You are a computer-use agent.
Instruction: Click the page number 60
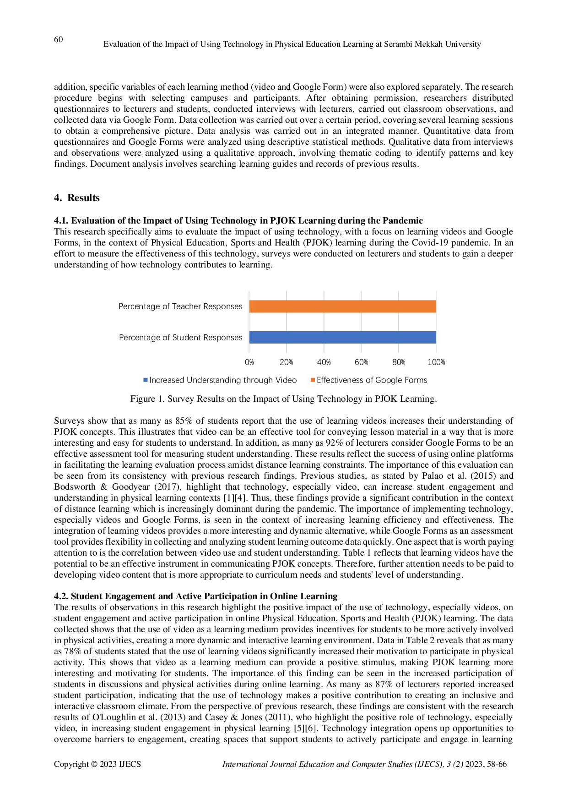pos(59,39)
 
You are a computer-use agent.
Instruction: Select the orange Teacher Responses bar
pos(342,306)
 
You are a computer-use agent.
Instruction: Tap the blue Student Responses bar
pos(342,337)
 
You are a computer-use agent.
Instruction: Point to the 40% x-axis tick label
pos(324,362)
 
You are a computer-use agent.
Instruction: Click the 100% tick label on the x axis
pos(436,362)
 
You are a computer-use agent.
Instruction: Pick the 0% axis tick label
pos(249,362)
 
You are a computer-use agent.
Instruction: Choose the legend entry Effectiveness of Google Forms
pos(369,380)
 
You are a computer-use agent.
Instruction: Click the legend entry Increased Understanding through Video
pos(220,380)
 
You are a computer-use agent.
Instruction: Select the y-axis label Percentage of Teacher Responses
pos(180,306)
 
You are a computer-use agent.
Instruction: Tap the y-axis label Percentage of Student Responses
pos(181,338)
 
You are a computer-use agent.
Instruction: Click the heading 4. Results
pos(77,198)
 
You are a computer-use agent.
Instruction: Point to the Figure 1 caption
pos(284,399)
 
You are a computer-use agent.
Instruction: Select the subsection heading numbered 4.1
pos(238,221)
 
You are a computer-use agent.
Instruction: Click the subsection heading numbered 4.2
pos(196,596)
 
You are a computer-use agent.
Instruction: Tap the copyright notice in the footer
pos(97,764)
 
